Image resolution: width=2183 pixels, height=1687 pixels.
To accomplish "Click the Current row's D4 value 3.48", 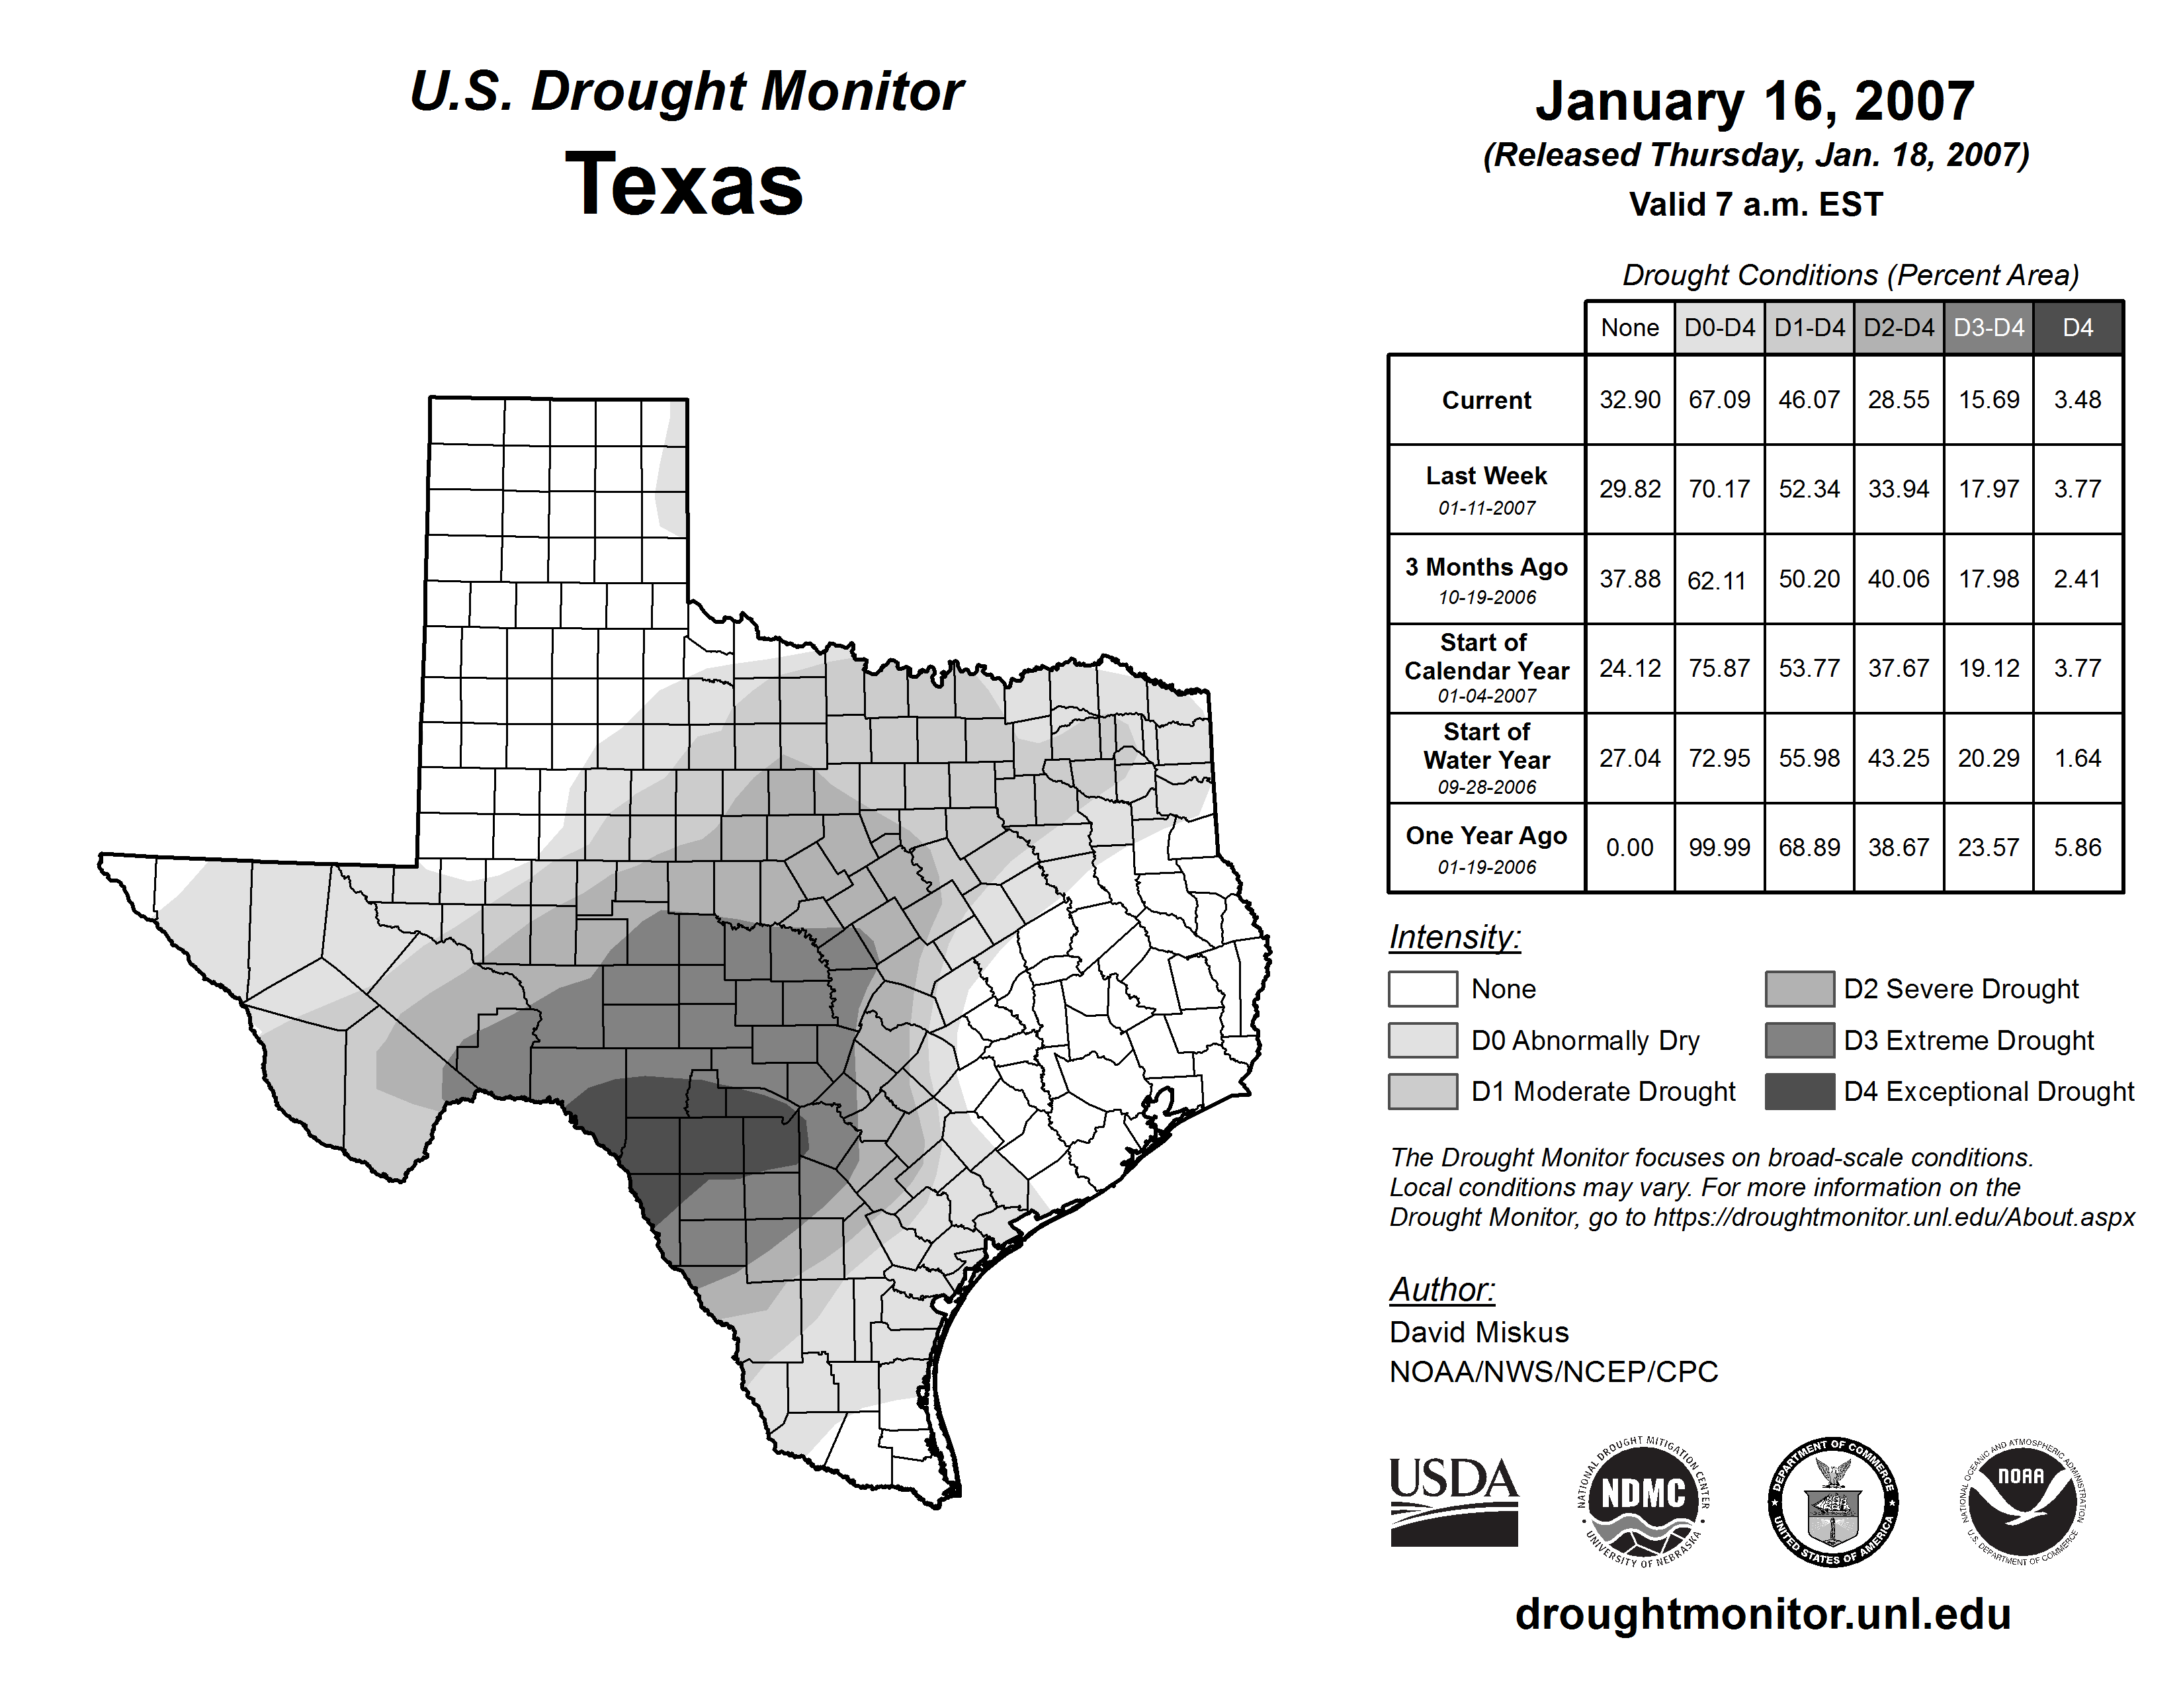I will point(2077,400).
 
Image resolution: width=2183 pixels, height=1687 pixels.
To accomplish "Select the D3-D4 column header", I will point(1988,327).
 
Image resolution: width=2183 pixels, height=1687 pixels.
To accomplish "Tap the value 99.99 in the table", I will point(1719,847).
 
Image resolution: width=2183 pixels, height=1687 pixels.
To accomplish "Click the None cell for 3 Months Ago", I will point(1629,579).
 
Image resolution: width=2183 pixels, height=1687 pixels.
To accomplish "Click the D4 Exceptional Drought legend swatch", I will point(1799,1092).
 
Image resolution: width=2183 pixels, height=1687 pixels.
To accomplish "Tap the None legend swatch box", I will point(1422,988).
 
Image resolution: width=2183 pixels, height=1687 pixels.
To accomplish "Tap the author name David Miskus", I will point(1478,1332).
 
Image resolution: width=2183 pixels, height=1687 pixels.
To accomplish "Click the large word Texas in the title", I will point(684,184).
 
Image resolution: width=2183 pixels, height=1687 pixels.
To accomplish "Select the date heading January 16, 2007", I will point(1755,101).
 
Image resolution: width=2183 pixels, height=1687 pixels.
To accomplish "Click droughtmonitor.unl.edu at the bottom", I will point(1763,1615).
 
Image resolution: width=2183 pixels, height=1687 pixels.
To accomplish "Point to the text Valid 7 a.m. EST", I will point(1755,205).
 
